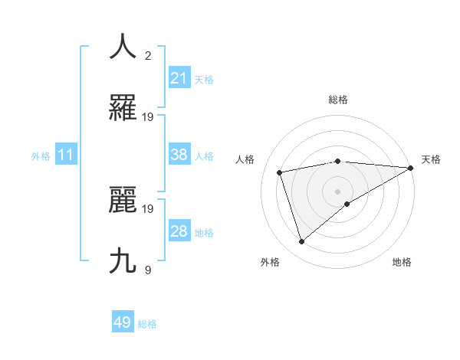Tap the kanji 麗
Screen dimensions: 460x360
click(x=123, y=200)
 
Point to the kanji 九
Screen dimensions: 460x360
click(x=123, y=261)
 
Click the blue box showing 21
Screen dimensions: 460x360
click(x=179, y=77)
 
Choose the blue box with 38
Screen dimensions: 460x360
click(x=179, y=155)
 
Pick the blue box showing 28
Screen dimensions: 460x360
click(x=179, y=231)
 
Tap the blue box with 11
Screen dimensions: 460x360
click(x=66, y=155)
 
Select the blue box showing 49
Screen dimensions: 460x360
click(x=123, y=322)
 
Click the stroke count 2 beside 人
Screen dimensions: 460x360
click(x=148, y=55)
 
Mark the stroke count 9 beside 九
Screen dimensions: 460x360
click(x=148, y=270)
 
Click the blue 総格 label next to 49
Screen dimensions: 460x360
click(x=147, y=324)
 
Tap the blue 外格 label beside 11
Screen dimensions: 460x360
click(x=41, y=156)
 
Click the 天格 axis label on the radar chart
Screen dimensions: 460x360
click(x=431, y=159)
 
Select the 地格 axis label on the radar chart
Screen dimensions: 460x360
click(x=402, y=262)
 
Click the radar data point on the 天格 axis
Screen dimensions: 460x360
click(x=410, y=168)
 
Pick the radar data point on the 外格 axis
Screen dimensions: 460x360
click(x=302, y=242)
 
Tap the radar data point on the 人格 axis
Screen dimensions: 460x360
click(x=280, y=172)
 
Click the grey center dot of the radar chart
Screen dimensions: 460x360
click(x=337, y=190)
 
